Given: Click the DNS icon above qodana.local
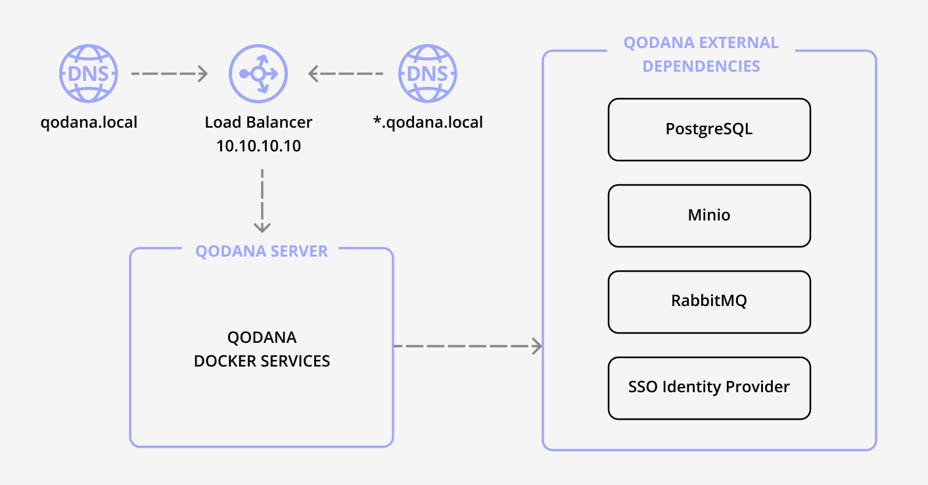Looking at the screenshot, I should click(x=89, y=74).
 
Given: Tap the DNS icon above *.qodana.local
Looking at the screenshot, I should click(x=428, y=74).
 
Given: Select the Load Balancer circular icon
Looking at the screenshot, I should click(x=258, y=74).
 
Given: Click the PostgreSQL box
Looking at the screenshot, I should click(x=709, y=129).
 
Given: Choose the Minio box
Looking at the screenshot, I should click(x=709, y=215).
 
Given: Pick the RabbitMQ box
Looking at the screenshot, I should click(x=709, y=301).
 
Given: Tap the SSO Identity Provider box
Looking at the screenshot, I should click(x=709, y=388).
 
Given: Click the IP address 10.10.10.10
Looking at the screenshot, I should click(x=258, y=145).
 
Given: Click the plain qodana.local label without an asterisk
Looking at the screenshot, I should click(x=89, y=122).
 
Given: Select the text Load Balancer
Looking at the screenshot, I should click(x=258, y=122).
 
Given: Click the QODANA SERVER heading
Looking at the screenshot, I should click(x=262, y=251).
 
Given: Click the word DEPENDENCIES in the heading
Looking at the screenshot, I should click(x=701, y=66).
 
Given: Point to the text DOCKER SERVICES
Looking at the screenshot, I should click(x=262, y=361).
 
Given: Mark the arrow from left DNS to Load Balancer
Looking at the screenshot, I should click(x=169, y=74).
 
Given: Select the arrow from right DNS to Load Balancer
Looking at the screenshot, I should click(x=346, y=74).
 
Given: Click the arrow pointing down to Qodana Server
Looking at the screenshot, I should click(x=262, y=201).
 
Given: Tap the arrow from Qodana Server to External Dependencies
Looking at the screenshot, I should click(x=467, y=345).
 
